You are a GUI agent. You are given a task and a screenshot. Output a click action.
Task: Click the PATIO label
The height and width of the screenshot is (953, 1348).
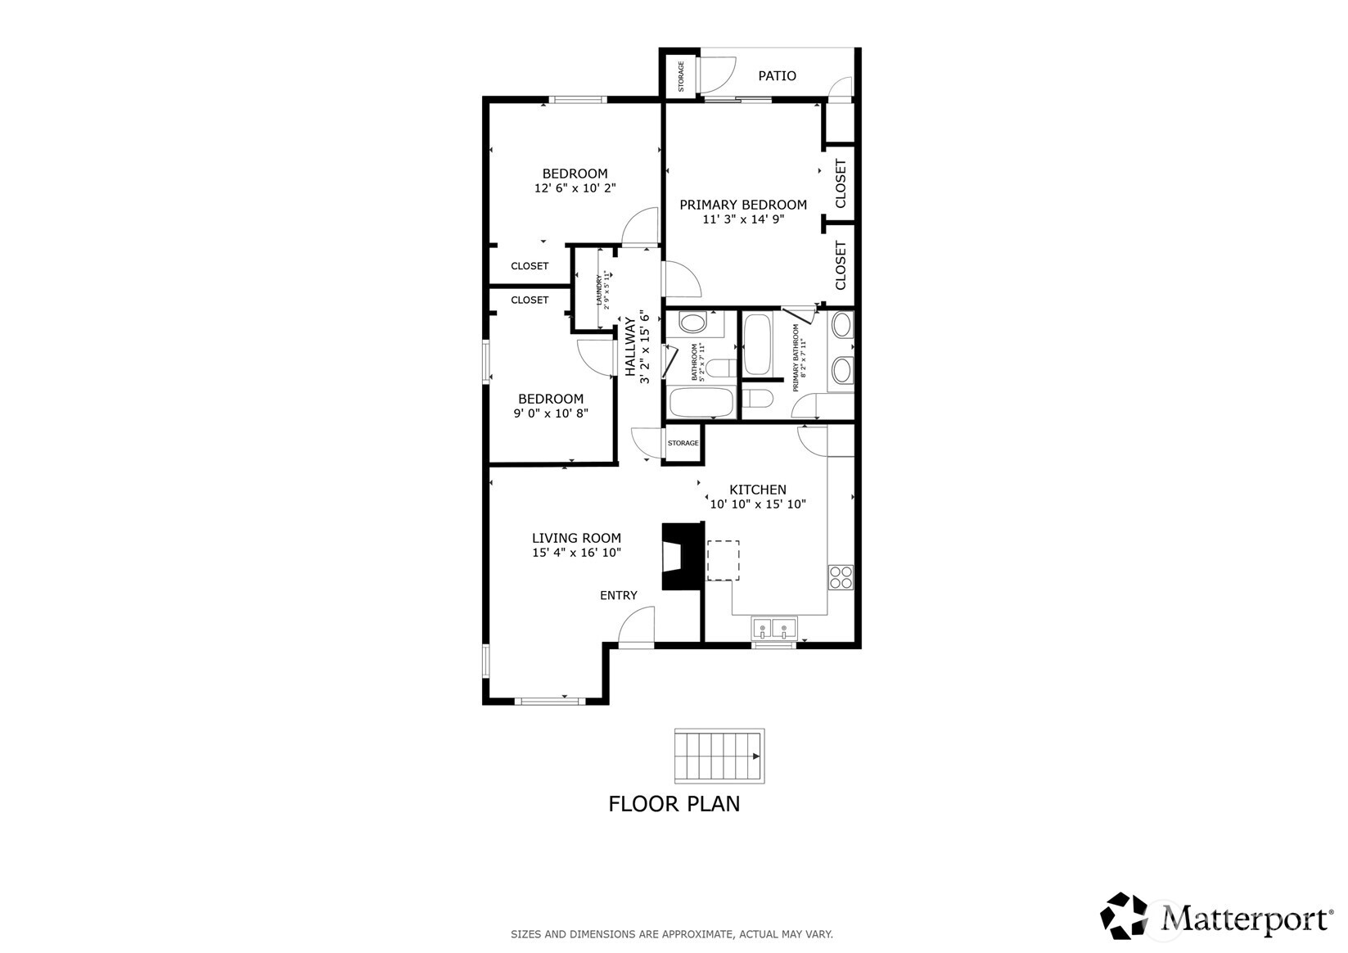point(776,76)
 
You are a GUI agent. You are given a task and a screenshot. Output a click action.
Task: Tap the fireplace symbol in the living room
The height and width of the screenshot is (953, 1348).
point(681,557)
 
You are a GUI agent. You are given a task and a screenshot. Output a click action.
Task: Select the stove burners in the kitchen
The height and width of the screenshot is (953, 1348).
point(841,577)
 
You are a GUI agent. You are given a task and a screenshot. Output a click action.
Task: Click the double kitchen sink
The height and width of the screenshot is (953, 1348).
point(773,630)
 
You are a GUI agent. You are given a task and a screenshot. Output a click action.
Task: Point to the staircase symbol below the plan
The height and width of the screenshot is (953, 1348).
point(719,756)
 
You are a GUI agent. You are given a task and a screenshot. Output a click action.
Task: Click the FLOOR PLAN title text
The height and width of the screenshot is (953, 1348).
point(674,804)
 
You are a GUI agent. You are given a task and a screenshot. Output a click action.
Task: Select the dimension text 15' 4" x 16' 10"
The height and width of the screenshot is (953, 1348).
point(576,553)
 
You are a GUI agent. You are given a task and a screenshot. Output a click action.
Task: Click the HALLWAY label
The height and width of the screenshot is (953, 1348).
point(630,347)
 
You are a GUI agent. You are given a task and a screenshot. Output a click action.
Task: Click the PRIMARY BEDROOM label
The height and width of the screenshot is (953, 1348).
point(742,205)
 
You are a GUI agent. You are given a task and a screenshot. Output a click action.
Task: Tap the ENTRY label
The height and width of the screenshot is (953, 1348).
point(618,595)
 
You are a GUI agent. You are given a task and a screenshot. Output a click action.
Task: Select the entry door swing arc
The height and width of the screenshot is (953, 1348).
point(635,626)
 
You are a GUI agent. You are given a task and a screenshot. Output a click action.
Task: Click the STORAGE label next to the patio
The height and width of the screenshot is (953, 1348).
point(680,76)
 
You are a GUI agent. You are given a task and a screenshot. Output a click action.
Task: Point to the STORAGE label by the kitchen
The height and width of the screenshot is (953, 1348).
point(683,443)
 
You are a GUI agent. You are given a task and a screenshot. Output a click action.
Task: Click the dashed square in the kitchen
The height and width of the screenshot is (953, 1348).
point(723,560)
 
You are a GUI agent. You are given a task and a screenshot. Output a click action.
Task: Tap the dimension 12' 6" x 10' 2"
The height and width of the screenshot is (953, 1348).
point(575,188)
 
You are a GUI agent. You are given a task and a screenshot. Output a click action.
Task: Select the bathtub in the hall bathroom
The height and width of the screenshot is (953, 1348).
point(701,403)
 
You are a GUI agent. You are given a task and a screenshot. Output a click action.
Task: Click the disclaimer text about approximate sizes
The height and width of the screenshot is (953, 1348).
point(671,933)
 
